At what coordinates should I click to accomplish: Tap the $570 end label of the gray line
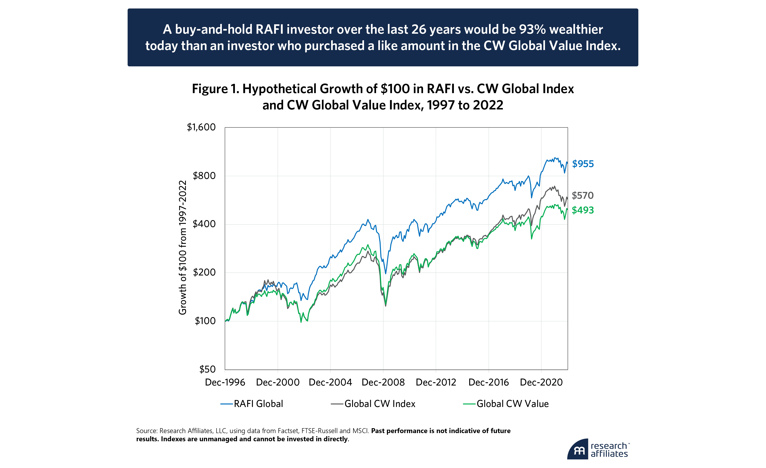coord(583,195)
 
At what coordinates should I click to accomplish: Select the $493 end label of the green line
coord(583,210)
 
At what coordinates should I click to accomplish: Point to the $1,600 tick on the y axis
coord(201,127)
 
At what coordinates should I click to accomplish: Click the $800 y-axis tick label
coord(204,176)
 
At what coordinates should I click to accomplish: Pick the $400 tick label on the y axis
coord(204,224)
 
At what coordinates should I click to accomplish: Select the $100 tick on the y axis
coord(205,321)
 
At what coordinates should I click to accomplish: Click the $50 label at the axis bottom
coord(207,369)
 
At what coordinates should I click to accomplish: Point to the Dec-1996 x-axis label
coord(225,382)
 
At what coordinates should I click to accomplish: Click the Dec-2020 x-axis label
coord(541,382)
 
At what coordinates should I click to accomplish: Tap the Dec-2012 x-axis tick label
coord(436,382)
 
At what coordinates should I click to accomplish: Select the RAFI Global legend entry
coord(258,404)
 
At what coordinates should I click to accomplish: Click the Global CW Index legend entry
coord(380,404)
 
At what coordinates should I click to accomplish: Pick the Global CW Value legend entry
coord(512,404)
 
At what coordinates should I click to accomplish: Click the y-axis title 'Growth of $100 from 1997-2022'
coord(182,248)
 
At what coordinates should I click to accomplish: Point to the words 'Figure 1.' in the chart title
coord(215,89)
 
